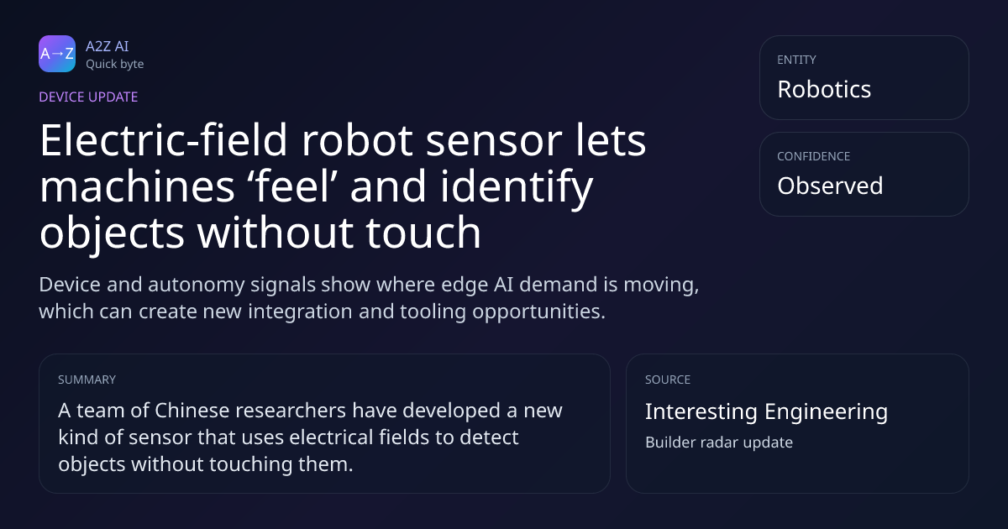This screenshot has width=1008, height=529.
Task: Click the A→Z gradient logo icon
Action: click(57, 54)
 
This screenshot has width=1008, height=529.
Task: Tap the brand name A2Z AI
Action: click(108, 46)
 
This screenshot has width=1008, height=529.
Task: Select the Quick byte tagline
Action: click(115, 64)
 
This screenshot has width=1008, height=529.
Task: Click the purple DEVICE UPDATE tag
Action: click(88, 97)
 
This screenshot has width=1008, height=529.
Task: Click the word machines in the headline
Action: click(137, 186)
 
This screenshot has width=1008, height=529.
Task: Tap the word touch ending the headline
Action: click(423, 232)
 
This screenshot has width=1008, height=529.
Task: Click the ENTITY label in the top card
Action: click(796, 60)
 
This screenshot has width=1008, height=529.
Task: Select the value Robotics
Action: click(824, 89)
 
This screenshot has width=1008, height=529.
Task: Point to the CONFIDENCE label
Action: click(814, 156)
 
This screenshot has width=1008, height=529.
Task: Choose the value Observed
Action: click(830, 186)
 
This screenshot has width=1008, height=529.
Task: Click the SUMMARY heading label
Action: click(87, 380)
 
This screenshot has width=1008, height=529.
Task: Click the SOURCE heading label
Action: click(668, 380)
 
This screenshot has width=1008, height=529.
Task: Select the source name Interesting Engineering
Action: click(766, 411)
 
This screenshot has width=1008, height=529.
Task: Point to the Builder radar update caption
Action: click(719, 443)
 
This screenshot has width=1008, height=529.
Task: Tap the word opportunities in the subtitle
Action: click(538, 312)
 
